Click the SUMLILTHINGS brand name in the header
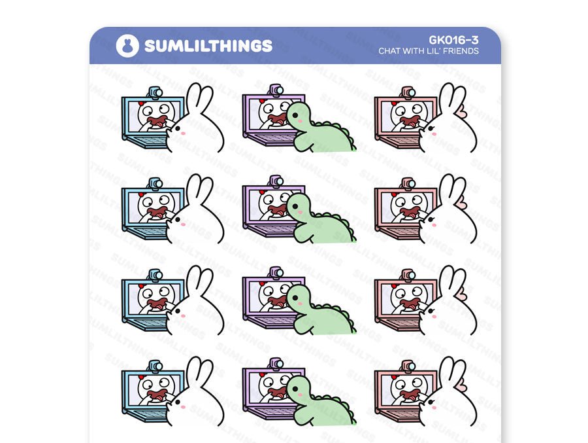coord(208,45)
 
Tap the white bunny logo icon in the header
coord(127,45)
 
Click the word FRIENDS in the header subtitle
coord(461,51)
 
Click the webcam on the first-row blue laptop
coord(155,92)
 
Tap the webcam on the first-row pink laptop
coord(406,92)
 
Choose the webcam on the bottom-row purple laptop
coord(276,363)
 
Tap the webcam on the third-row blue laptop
coord(155,275)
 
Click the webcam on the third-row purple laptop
coord(276,272)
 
